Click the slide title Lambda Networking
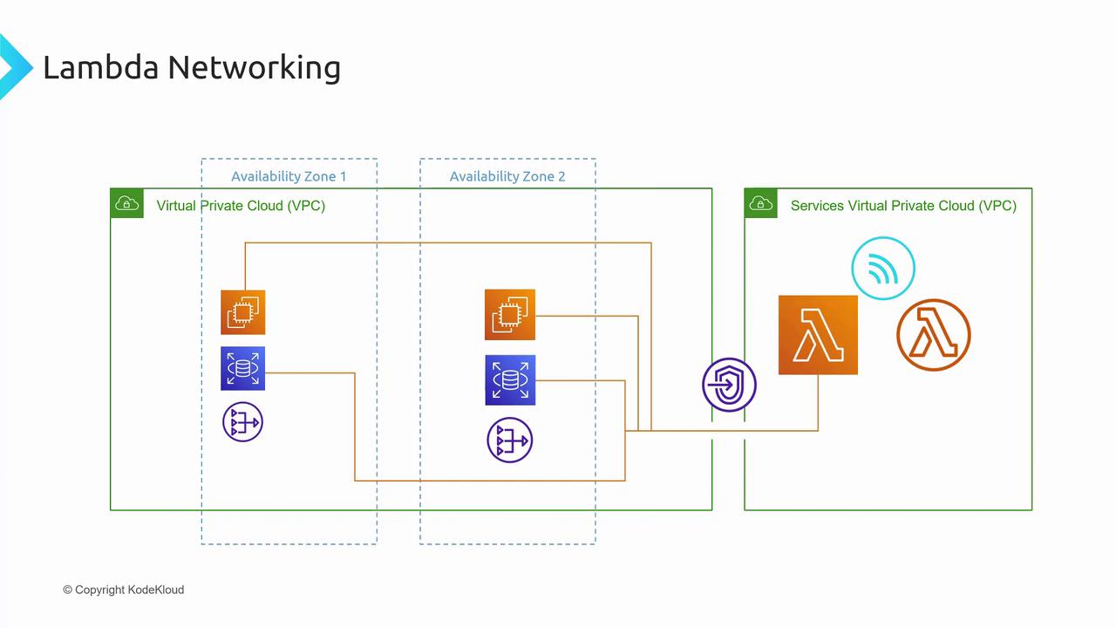coord(191,67)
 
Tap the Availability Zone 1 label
coord(289,176)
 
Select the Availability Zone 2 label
coord(507,176)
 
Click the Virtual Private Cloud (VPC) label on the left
coord(241,206)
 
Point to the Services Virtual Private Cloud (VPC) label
coord(903,206)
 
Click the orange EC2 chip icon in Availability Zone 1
coord(243,312)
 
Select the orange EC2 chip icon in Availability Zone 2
coord(510,315)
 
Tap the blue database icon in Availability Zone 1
coord(243,369)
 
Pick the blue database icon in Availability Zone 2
coord(510,380)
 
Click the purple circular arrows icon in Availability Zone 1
coord(243,423)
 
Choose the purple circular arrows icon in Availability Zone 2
coord(510,440)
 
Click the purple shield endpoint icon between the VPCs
coord(729,385)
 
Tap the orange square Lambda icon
coord(818,335)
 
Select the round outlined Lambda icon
coord(933,335)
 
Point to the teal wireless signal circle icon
coord(883,269)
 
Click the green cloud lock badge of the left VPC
coord(126,204)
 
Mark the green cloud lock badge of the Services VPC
coord(760,204)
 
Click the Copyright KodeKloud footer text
coord(124,590)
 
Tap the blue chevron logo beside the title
coord(13,66)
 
